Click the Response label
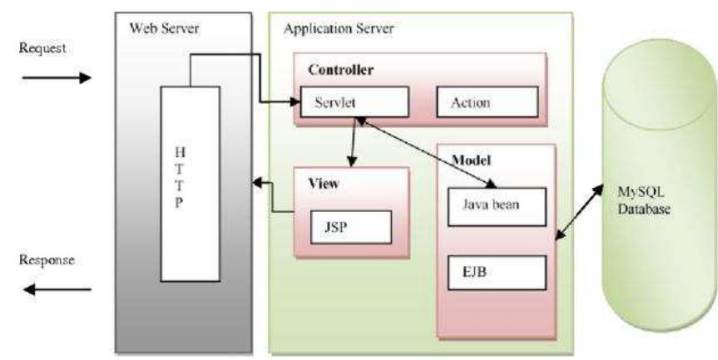(x=47, y=259)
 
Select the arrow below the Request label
(x=57, y=78)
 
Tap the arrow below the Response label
(x=57, y=289)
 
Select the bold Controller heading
(x=340, y=70)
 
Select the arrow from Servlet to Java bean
(x=428, y=151)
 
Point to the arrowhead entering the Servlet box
(x=293, y=103)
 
